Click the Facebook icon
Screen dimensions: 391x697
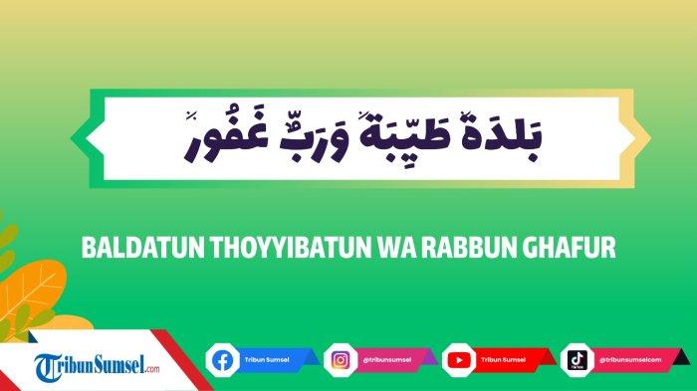point(221,359)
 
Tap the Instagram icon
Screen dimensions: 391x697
point(340,359)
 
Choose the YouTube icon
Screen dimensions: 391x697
point(458,359)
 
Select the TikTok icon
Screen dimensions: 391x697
point(577,359)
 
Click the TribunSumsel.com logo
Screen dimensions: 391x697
point(96,365)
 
